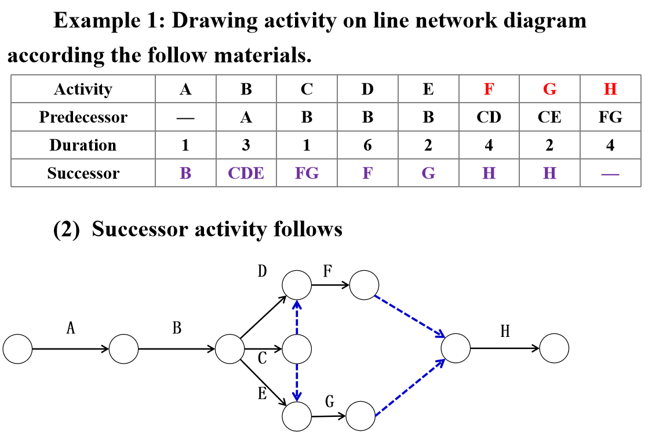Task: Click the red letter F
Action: tap(489, 89)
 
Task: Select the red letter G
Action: tap(549, 89)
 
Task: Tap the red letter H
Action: tap(610, 89)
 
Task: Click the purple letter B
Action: tap(185, 173)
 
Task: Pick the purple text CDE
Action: tap(246, 173)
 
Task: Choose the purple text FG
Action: tap(307, 173)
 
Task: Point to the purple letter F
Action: tap(367, 173)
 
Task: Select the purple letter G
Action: tap(428, 173)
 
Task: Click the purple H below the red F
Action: tap(489, 173)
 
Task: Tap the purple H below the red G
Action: tap(549, 173)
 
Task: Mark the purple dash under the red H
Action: tap(610, 174)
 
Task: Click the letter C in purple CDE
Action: tap(234, 173)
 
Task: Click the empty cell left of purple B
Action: tap(83, 173)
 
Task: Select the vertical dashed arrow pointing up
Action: tap(297, 317)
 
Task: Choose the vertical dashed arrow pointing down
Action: tap(297, 382)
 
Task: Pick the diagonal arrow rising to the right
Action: tap(409, 387)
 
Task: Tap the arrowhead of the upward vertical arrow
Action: tap(297, 303)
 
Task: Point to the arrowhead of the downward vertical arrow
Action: tap(297, 398)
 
